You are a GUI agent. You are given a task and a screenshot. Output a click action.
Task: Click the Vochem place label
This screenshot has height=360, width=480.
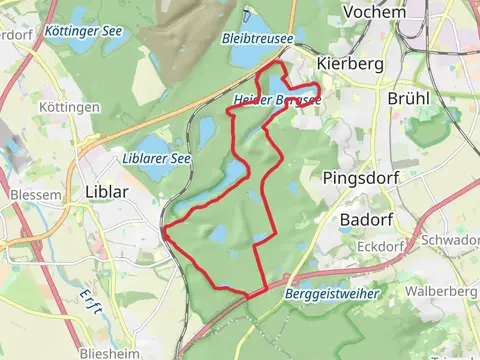click(x=373, y=12)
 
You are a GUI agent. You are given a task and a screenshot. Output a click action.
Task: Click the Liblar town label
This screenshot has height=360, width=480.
click(x=109, y=191)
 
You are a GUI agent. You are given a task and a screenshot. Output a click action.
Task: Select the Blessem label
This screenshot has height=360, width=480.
click(x=34, y=195)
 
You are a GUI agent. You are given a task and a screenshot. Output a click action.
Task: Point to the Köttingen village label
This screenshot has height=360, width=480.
click(x=70, y=107)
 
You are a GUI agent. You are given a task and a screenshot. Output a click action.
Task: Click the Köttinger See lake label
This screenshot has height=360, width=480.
click(x=84, y=31)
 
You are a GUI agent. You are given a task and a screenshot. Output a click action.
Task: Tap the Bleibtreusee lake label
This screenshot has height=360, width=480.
click(x=258, y=38)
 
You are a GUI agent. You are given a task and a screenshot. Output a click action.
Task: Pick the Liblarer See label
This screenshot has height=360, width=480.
click(x=151, y=158)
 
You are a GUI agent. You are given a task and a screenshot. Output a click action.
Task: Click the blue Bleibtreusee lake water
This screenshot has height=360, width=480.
click(x=255, y=24)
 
